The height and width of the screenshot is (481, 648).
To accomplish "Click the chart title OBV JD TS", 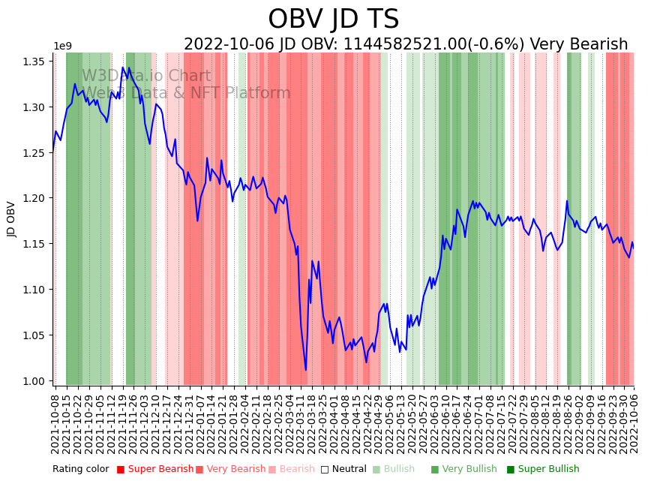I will click(334, 20).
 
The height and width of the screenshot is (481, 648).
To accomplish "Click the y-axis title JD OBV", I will click(11, 219).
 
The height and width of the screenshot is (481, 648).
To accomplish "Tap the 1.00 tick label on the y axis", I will click(34, 381).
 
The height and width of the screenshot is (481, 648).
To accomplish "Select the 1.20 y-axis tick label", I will click(34, 198).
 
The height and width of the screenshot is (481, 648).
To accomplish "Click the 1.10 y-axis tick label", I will click(34, 290).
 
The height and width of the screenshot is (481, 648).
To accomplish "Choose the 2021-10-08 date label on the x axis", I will click(55, 424).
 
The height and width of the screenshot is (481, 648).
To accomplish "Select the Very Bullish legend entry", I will click(463, 469).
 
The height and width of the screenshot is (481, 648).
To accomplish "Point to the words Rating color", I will click(80, 469).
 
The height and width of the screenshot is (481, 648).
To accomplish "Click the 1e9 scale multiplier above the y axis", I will click(62, 47).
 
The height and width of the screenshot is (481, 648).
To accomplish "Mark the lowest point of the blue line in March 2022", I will click(305, 370).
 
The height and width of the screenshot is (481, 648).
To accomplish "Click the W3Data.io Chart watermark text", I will click(146, 76).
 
